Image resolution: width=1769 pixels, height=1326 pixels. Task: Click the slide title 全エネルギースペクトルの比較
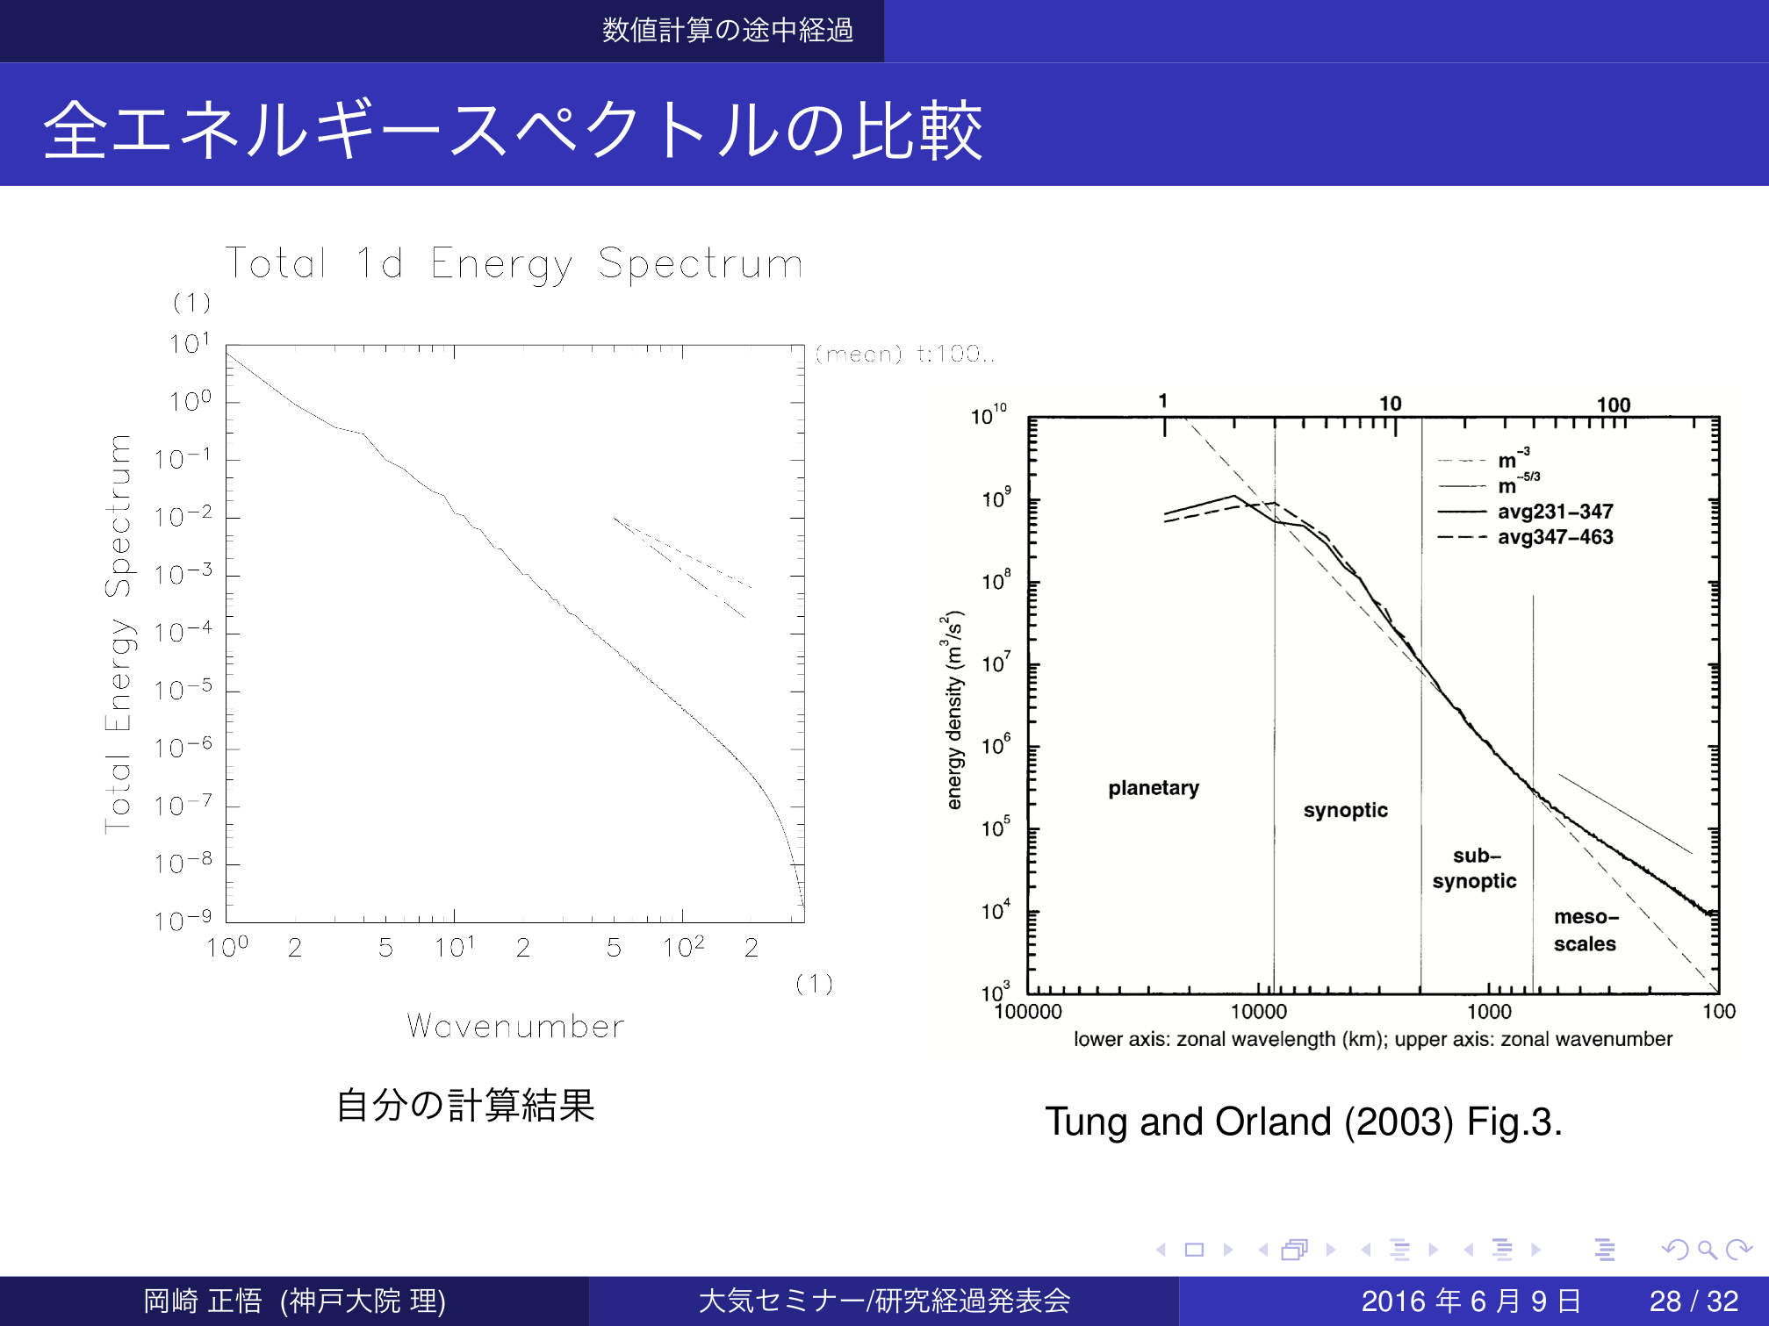(514, 130)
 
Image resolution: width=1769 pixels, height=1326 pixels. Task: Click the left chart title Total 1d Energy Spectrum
(514, 263)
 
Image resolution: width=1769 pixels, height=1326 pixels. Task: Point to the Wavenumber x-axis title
(516, 1026)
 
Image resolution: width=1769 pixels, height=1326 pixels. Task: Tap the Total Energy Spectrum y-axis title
(119, 633)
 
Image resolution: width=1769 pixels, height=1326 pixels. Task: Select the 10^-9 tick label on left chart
(183, 921)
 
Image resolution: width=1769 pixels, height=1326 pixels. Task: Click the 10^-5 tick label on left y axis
(183, 690)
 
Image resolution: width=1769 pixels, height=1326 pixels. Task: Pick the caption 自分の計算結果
(465, 1105)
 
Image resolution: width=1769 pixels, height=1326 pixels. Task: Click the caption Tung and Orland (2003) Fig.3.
(1303, 1122)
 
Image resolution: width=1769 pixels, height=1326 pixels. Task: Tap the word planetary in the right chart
(1153, 788)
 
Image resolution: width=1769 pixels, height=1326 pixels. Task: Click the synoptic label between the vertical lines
(1345, 810)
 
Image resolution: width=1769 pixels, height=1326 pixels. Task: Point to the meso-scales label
(1586, 930)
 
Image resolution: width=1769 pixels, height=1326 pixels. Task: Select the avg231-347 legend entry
(1555, 512)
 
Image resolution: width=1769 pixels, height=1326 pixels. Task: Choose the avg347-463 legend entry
(1555, 537)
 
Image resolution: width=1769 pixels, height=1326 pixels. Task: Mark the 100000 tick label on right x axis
(1027, 1012)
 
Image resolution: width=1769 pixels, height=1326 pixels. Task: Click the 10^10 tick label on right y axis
(989, 415)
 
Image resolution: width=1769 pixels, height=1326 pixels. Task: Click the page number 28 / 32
(1693, 1301)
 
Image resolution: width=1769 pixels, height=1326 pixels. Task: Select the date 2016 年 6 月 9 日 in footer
(1471, 1301)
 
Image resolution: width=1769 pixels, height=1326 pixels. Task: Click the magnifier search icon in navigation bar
(1707, 1249)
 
